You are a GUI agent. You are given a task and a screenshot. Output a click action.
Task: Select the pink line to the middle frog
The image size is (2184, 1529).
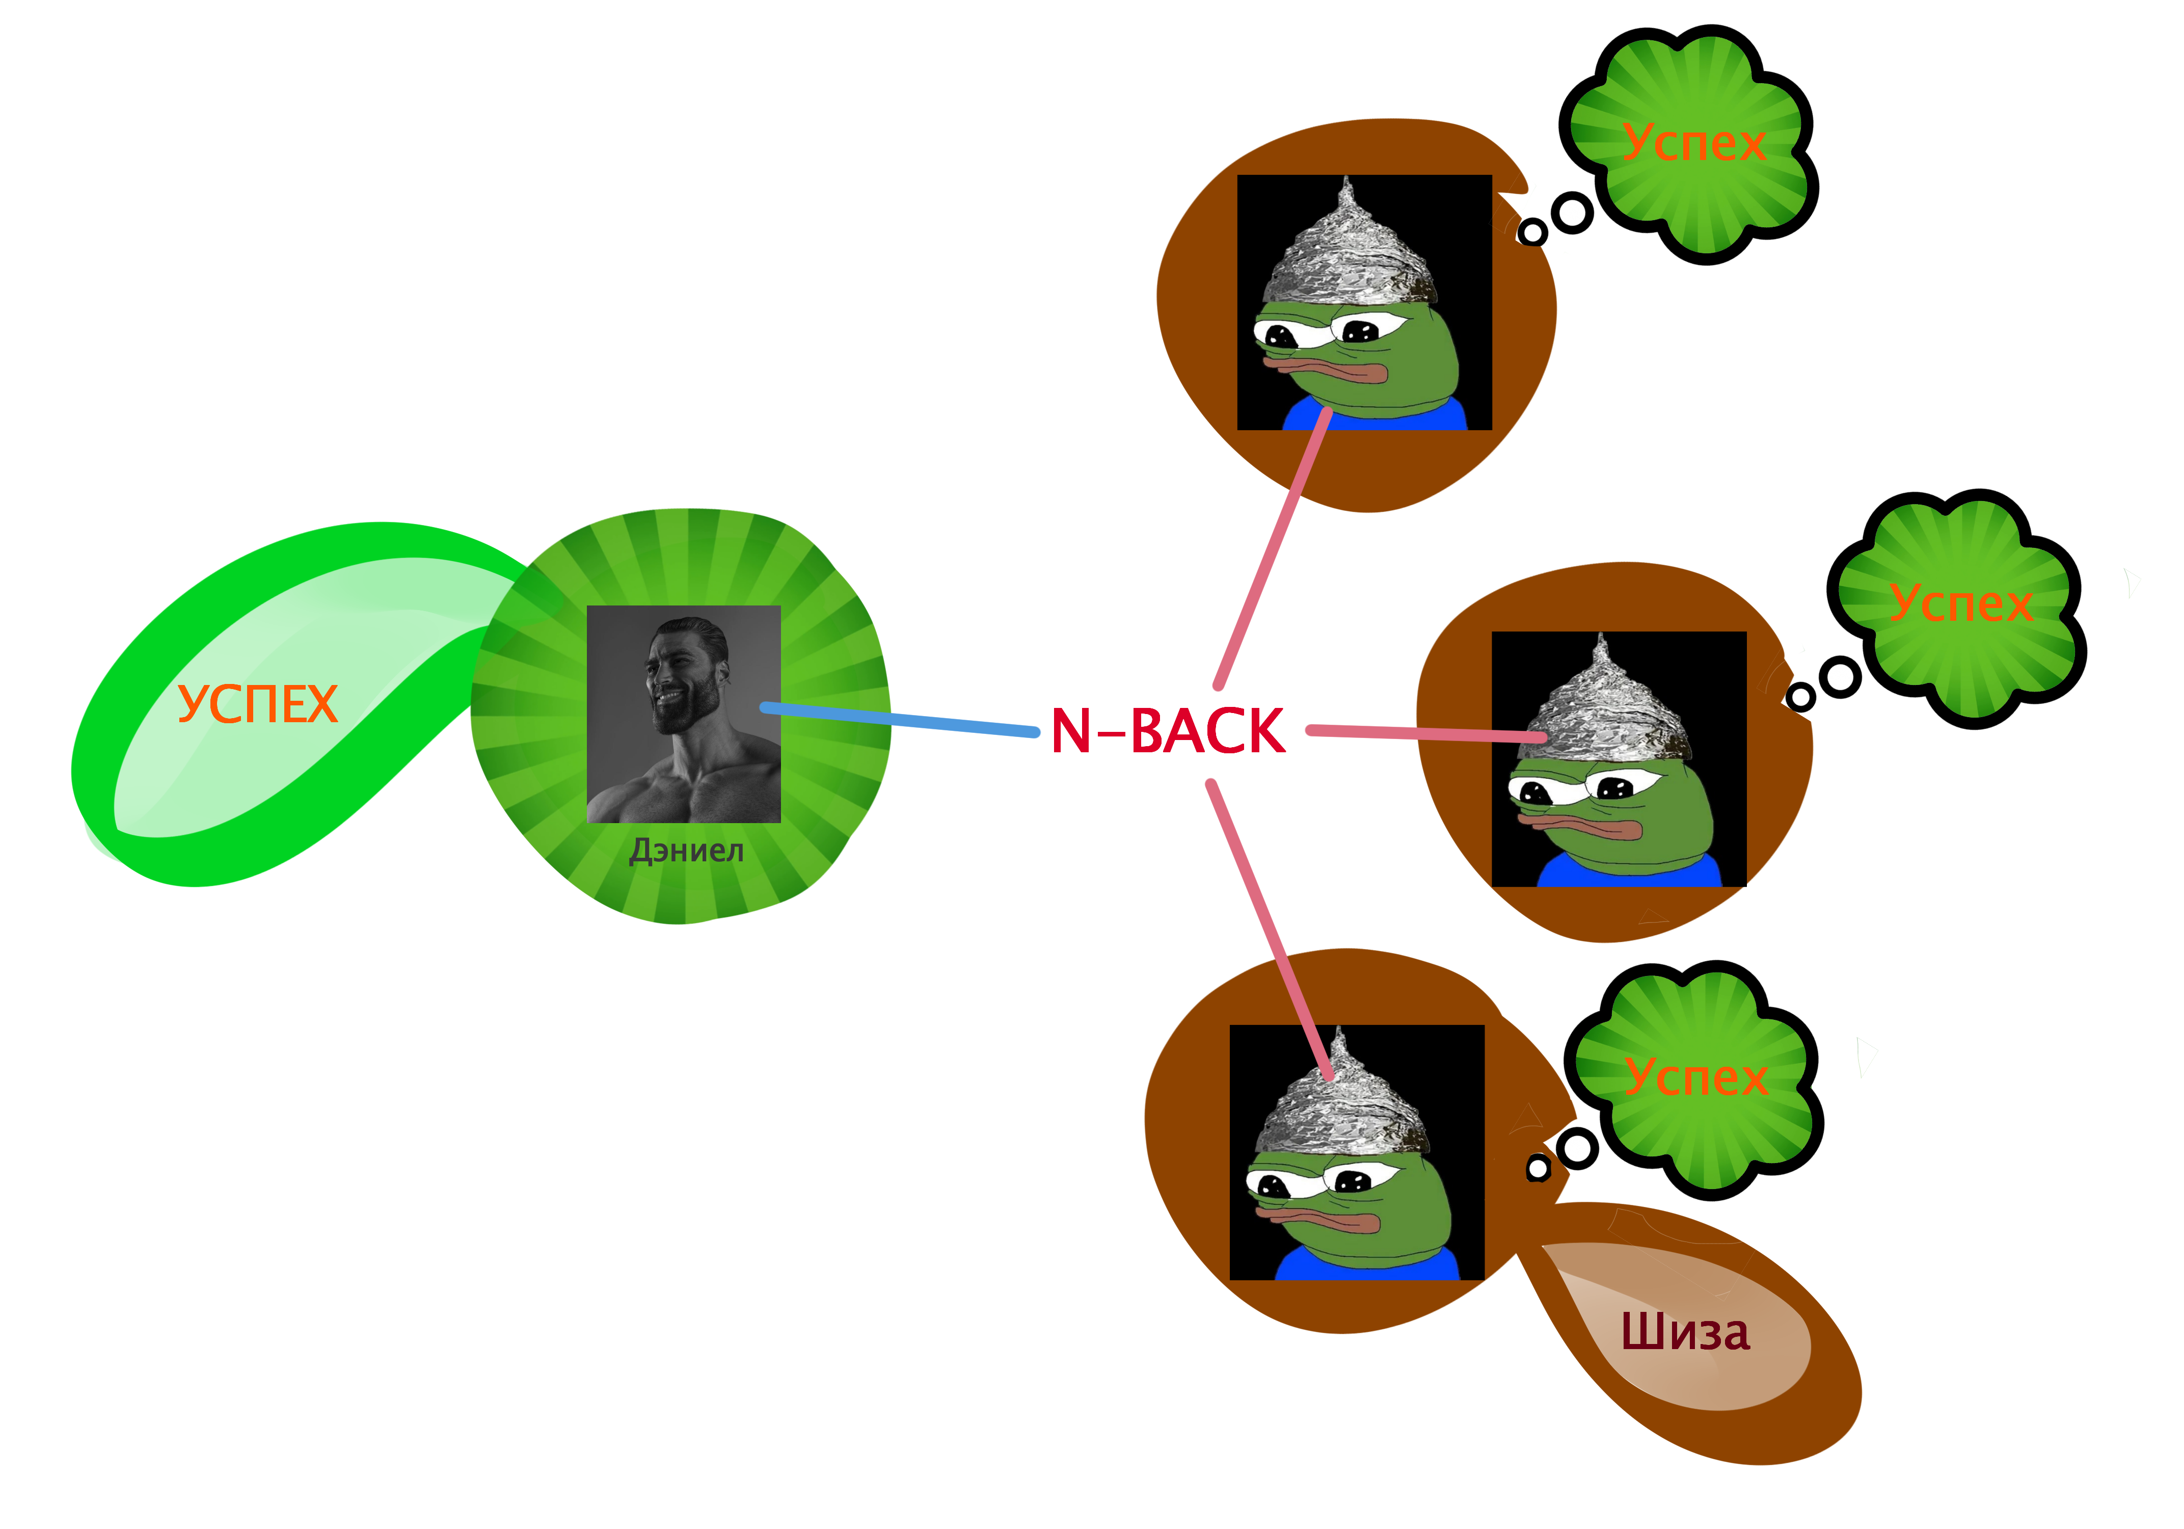tap(1427, 733)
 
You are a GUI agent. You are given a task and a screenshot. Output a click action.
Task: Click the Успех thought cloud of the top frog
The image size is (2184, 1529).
tap(1693, 143)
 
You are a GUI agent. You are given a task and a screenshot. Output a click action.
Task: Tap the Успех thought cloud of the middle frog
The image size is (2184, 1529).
tap(1959, 603)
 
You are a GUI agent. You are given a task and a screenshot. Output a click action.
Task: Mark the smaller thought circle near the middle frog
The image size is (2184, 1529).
tap(1800, 697)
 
